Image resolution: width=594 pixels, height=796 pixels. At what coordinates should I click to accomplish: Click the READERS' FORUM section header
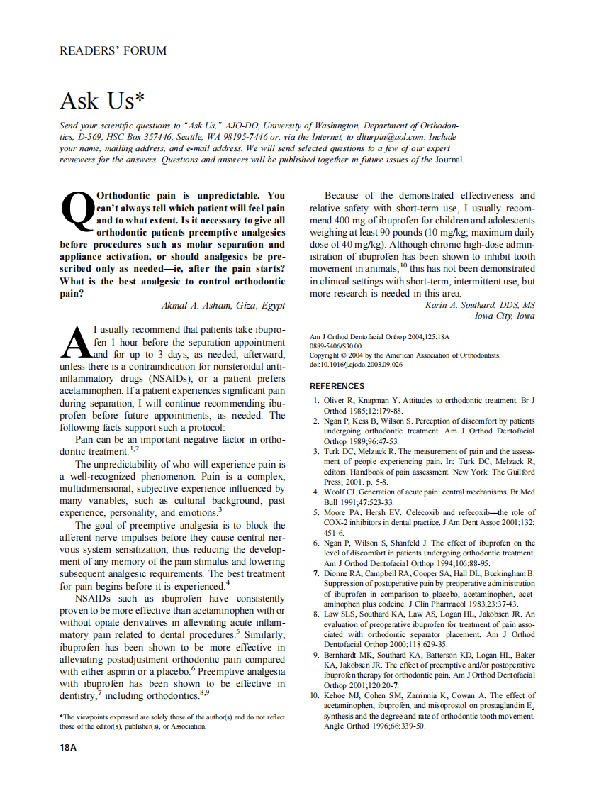(x=113, y=51)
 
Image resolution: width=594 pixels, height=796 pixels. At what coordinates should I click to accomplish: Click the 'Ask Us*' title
(x=97, y=101)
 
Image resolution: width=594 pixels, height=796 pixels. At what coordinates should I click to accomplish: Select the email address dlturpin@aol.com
(x=384, y=137)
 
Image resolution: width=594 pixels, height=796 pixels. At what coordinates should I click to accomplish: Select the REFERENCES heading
(x=337, y=386)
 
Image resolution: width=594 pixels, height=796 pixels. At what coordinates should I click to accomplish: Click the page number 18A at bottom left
(x=68, y=748)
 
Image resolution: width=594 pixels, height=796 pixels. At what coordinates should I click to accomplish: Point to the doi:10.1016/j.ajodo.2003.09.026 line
(x=357, y=365)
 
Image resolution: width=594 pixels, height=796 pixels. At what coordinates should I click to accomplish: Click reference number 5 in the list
(x=318, y=512)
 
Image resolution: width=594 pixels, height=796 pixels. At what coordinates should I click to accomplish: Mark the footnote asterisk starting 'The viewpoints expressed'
(x=62, y=718)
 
